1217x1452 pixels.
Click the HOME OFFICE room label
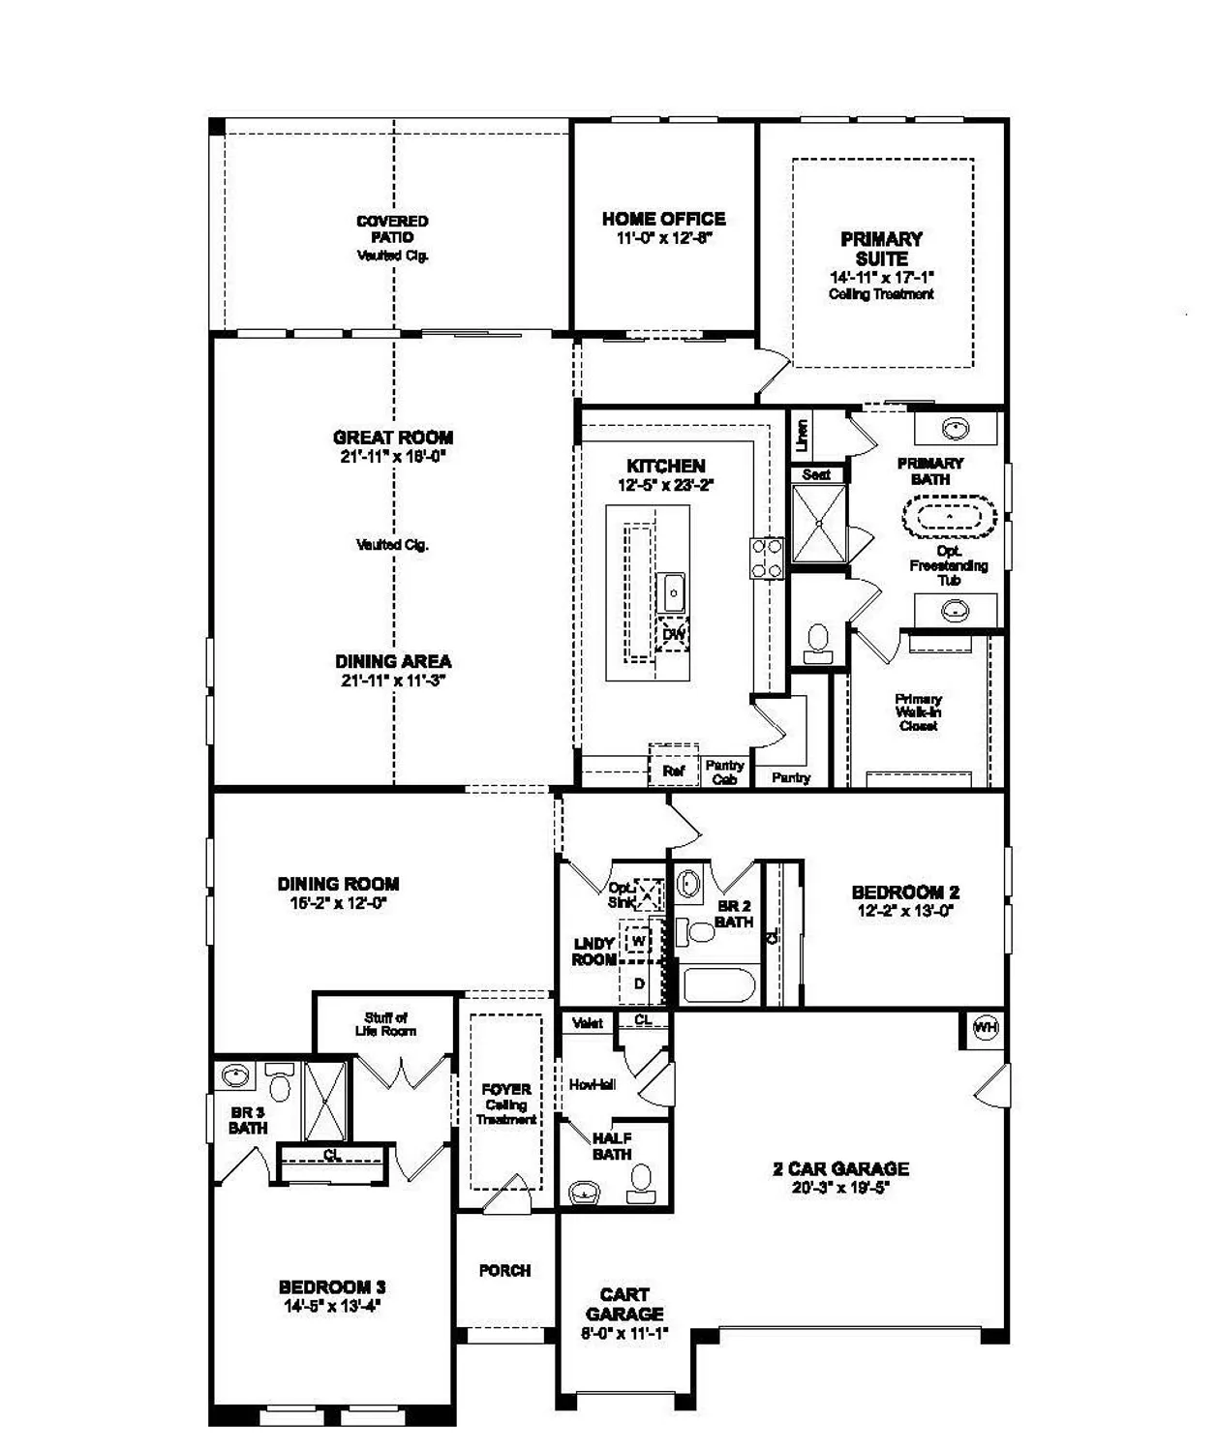click(x=663, y=219)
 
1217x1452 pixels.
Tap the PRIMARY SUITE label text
click(x=881, y=249)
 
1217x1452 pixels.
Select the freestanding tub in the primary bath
click(x=950, y=516)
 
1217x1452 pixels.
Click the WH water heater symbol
click(x=985, y=1027)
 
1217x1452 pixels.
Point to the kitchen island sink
click(x=673, y=590)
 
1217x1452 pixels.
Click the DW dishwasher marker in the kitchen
click(x=674, y=635)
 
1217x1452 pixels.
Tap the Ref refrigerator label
click(x=673, y=771)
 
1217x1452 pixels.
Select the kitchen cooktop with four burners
click(x=767, y=559)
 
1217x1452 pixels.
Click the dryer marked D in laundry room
click(x=639, y=983)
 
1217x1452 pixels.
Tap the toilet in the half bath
click(x=640, y=1180)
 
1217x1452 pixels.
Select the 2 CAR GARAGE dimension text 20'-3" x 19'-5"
click(x=840, y=1188)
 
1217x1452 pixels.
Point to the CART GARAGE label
click(x=624, y=1304)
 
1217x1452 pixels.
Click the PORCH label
click(x=504, y=1270)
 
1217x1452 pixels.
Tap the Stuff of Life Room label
click(x=385, y=1024)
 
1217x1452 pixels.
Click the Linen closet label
click(x=802, y=436)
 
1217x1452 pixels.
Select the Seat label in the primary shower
click(x=816, y=474)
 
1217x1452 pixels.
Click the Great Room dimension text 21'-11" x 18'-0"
click(x=392, y=457)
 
